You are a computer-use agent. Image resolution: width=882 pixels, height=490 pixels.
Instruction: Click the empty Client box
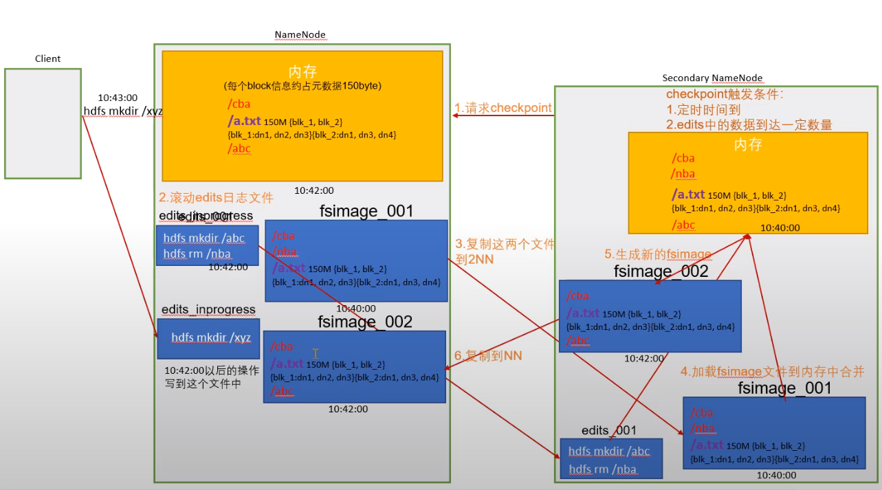[x=43, y=124]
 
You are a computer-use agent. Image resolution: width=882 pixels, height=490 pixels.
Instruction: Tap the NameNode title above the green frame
[x=300, y=35]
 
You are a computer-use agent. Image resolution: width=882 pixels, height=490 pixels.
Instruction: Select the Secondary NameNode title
[x=712, y=78]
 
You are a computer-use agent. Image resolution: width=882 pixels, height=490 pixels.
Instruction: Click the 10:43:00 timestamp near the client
[x=118, y=98]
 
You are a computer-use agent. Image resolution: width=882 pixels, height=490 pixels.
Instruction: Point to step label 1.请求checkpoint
[x=503, y=108]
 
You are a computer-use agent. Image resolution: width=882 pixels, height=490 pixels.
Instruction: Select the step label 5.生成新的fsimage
[x=657, y=255]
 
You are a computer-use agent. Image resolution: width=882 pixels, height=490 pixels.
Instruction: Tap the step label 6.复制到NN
[x=488, y=355]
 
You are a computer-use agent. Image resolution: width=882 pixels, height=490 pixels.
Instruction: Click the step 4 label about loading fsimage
[x=772, y=372]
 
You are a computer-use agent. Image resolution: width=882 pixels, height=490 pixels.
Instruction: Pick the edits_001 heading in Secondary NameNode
[x=609, y=430]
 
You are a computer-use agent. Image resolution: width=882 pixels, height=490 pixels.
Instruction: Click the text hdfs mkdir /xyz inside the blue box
[x=211, y=337]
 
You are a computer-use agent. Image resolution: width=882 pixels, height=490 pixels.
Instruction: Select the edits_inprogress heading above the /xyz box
[x=208, y=310]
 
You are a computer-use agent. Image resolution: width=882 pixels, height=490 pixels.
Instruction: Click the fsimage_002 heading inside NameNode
[x=365, y=322]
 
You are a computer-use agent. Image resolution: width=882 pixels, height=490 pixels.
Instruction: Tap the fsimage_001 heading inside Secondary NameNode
[x=784, y=388]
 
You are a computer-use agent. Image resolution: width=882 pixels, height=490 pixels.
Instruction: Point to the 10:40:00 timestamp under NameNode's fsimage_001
[x=355, y=309]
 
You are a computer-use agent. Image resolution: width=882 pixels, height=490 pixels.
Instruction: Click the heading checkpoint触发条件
[x=725, y=94]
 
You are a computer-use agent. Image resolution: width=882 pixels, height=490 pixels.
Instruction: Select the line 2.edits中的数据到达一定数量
[x=749, y=124]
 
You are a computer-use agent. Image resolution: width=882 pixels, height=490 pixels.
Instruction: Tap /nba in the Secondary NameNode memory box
[x=683, y=174]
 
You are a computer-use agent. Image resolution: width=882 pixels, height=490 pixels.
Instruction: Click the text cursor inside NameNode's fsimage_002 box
[x=316, y=353]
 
